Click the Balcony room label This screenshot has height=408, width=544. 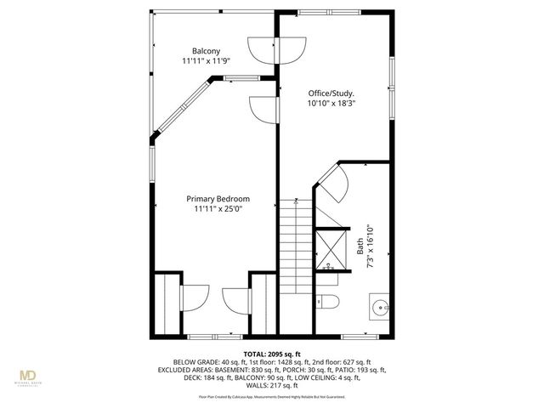pos(206,51)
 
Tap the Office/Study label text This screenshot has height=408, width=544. pos(331,93)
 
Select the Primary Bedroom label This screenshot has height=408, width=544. pos(218,199)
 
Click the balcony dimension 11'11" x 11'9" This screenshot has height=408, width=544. pos(206,61)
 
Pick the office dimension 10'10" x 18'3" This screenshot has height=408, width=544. pos(331,103)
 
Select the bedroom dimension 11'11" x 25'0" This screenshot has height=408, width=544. pos(218,209)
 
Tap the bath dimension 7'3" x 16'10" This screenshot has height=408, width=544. pos(370,246)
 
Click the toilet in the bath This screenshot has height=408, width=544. pos(328,301)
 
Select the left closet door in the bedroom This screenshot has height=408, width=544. pos(195,298)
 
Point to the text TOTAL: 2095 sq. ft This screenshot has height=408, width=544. pos(272,354)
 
